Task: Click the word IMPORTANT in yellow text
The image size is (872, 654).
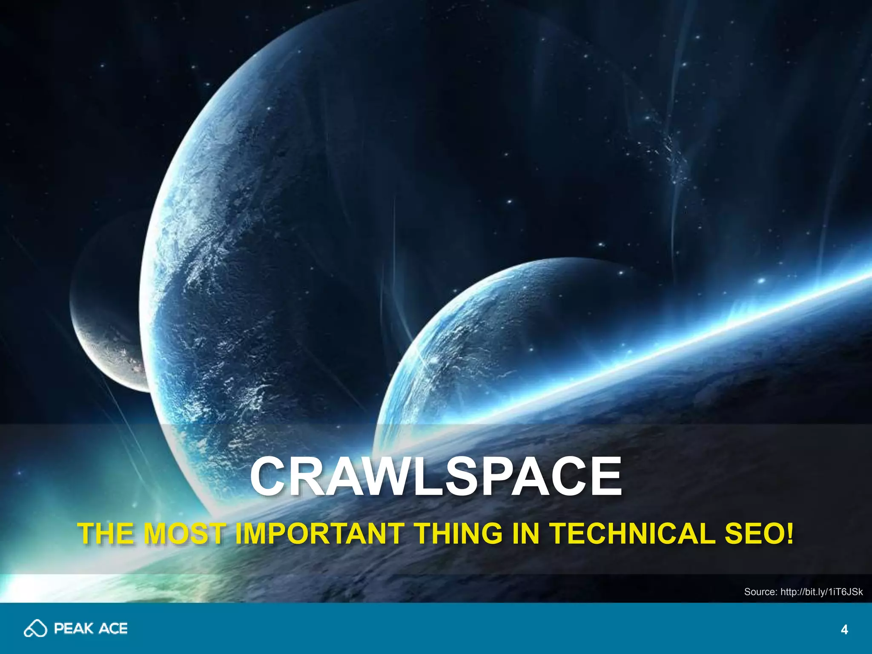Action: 319,533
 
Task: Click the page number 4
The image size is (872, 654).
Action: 844,630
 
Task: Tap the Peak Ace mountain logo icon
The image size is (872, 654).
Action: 35,628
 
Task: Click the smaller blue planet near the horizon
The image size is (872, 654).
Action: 490,341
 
